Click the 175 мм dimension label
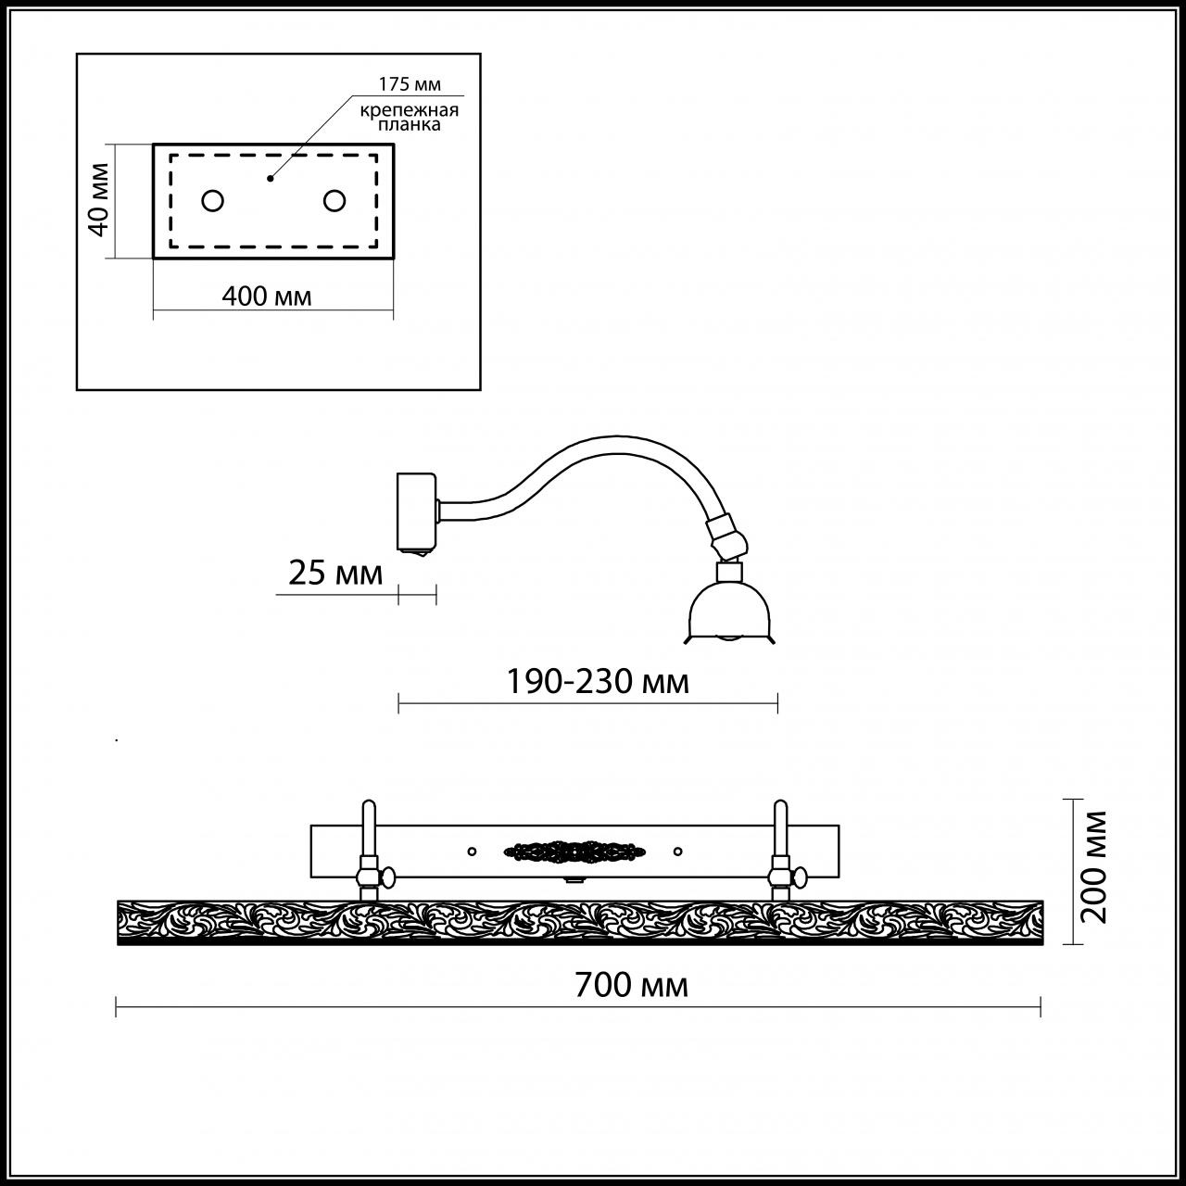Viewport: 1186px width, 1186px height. (410, 83)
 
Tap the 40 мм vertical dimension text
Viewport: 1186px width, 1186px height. (98, 200)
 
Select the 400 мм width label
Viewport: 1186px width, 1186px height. (267, 296)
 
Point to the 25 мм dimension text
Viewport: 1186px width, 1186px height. (335, 573)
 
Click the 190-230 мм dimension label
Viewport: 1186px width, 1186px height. (597, 682)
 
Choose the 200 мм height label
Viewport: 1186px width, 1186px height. (1094, 868)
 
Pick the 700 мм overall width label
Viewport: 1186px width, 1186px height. (632, 985)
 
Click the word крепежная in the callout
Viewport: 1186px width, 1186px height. (410, 111)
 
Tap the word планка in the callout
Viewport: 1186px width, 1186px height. (410, 125)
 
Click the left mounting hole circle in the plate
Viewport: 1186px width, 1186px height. (213, 201)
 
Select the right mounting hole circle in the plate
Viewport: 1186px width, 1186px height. (334, 201)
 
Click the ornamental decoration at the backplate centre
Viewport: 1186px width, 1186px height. (574, 851)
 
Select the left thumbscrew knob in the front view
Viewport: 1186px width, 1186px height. (388, 877)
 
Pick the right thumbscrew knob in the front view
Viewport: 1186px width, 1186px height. (801, 877)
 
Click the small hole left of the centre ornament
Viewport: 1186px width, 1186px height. (472, 852)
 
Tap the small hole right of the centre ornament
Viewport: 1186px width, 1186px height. (677, 852)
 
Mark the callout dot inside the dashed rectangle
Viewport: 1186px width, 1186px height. (270, 179)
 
